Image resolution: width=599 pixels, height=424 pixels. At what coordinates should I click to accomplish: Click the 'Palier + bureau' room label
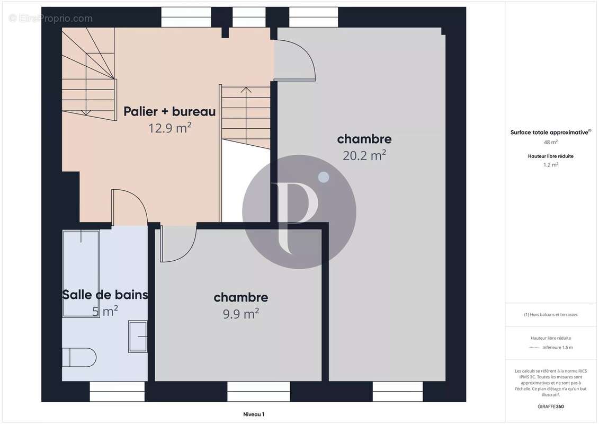click(x=169, y=112)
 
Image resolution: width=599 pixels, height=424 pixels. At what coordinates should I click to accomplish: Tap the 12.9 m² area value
click(x=169, y=128)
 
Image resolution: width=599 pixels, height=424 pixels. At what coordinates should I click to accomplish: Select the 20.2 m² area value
click(x=364, y=155)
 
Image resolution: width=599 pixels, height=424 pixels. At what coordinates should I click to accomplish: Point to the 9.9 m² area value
click(x=241, y=314)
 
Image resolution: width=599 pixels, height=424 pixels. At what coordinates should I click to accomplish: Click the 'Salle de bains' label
click(x=105, y=295)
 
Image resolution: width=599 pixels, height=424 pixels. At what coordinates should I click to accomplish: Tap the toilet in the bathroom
click(x=79, y=357)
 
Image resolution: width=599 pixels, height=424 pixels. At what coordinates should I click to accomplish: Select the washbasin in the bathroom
click(x=138, y=336)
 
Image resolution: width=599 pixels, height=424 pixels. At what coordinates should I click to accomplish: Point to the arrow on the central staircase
click(x=246, y=90)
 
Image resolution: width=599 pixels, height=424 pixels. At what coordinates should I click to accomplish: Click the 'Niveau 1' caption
click(x=253, y=414)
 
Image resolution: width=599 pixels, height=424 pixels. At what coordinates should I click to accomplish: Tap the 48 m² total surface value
click(x=551, y=142)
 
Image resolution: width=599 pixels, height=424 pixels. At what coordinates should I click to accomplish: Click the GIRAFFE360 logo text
click(x=551, y=406)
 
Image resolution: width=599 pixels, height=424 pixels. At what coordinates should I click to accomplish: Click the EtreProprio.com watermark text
click(x=51, y=19)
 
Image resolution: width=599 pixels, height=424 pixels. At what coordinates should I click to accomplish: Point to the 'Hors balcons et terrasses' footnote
click(x=551, y=314)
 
